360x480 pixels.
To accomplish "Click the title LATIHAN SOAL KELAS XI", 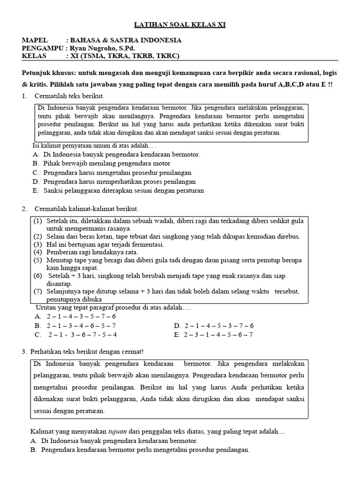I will tap(180, 24).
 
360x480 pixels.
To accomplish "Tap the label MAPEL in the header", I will tap(35, 41).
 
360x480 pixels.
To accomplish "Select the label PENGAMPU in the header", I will tap(43, 48).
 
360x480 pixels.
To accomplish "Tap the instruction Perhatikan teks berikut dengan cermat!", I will tap(87, 351).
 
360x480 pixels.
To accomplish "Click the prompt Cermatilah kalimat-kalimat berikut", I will tap(87, 208).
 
